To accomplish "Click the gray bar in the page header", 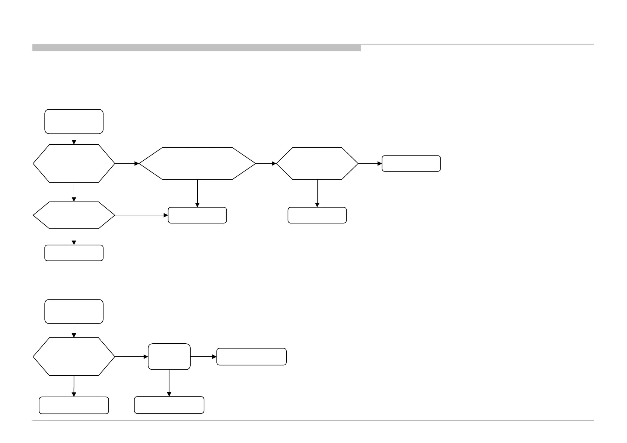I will [x=197, y=48].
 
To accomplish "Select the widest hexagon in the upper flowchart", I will [x=197, y=163].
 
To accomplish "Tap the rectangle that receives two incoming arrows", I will [x=197, y=215].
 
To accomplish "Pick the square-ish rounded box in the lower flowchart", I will [x=169, y=357].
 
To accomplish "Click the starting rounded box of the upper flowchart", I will [x=74, y=121].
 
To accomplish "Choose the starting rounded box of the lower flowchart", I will [x=74, y=311].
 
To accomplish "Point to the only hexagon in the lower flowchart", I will [x=74, y=357].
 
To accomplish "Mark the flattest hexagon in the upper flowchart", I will [x=74, y=215].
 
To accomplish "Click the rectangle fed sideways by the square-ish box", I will [x=251, y=357].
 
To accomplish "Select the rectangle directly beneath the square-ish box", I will [x=169, y=405].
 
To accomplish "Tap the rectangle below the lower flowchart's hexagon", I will [x=74, y=405].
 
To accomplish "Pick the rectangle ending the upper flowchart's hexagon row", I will [x=411, y=163].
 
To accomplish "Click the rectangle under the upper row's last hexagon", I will [x=317, y=215].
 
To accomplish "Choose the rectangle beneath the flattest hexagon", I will [x=74, y=253].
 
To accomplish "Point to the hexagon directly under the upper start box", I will [x=74, y=163].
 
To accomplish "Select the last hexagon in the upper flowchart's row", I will [x=317, y=163].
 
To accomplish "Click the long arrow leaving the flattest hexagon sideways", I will [x=141, y=215].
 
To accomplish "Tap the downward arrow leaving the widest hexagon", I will [x=197, y=193].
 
